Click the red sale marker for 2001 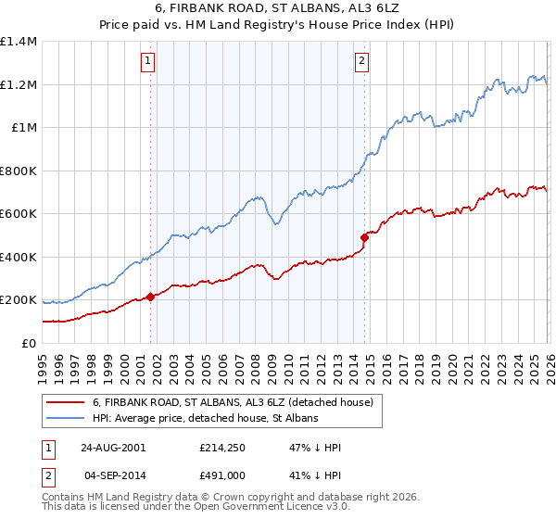(150, 297)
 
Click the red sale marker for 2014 (364, 238)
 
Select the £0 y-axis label (27, 344)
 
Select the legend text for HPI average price (205, 419)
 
